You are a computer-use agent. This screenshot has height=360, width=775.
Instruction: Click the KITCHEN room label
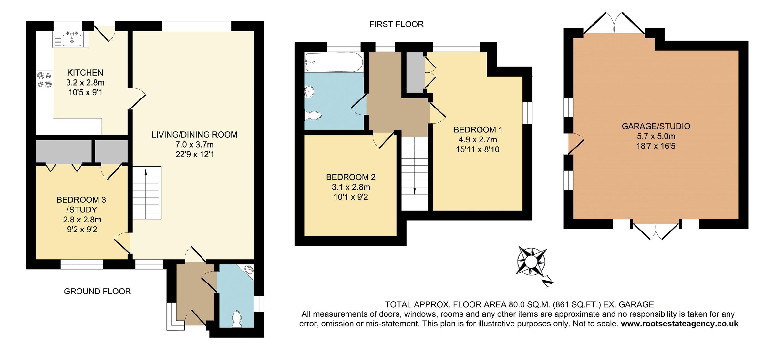coord(85,73)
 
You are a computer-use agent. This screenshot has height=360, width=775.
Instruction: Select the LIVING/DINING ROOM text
coord(194,135)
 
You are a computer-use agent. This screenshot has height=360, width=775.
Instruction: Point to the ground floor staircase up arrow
coord(146,173)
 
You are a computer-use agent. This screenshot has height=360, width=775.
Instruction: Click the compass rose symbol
coord(531,261)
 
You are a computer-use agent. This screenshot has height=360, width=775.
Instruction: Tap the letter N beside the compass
coord(548,282)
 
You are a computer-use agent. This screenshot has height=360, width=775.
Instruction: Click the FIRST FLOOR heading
coord(396,24)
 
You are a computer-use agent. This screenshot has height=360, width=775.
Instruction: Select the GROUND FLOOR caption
coord(97,291)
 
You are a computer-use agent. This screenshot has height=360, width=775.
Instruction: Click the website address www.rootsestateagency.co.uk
coord(679,324)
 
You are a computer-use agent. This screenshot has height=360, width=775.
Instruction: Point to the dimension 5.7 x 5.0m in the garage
coord(656,136)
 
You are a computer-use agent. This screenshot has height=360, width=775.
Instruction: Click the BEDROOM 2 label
coord(351,177)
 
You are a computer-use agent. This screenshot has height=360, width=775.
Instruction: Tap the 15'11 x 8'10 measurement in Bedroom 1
coord(478,149)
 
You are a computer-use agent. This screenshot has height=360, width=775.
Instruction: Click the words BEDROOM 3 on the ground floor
coord(81,200)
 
